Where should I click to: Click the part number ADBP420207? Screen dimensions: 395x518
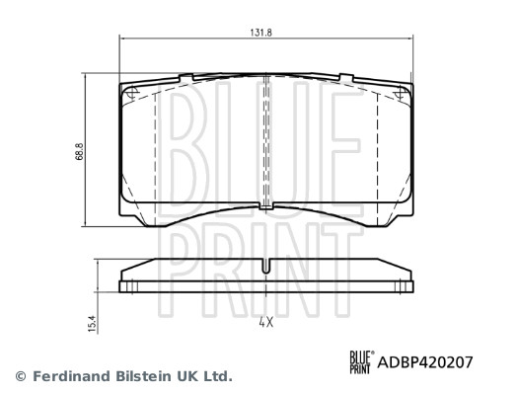(x=419, y=361)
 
